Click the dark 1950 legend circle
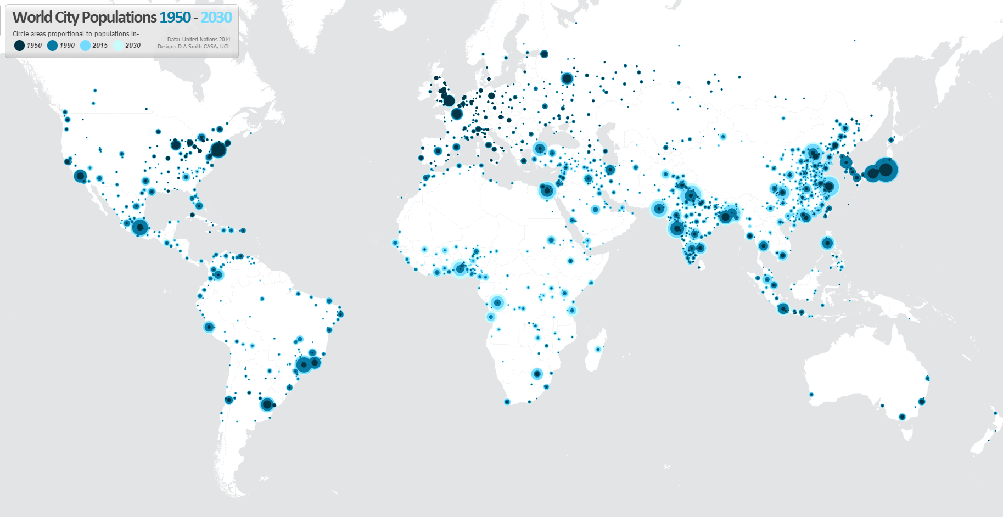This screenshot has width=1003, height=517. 19,46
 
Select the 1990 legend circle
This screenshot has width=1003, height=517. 52,46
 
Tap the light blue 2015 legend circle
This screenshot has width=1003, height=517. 85,46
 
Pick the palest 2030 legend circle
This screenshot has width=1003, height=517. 118,46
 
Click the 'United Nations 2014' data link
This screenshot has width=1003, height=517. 206,40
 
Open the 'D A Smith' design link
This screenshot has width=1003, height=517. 189,47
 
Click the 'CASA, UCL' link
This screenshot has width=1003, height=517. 217,47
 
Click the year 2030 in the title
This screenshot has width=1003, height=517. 216,18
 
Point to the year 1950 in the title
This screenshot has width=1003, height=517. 175,18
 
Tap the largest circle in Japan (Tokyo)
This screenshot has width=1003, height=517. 885,170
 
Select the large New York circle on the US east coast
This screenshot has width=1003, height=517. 218,149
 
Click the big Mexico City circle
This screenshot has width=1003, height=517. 140,227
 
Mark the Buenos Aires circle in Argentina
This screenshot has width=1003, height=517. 267,404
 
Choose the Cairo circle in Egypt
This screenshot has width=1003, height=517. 547,190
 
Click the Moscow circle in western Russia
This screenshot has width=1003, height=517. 567,78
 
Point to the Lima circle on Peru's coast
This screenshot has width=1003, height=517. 209,327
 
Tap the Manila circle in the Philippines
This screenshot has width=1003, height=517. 827,243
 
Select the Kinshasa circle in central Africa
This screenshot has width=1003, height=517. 497,302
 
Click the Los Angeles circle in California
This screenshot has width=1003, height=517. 80,176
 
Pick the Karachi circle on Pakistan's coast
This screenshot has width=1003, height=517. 659,209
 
